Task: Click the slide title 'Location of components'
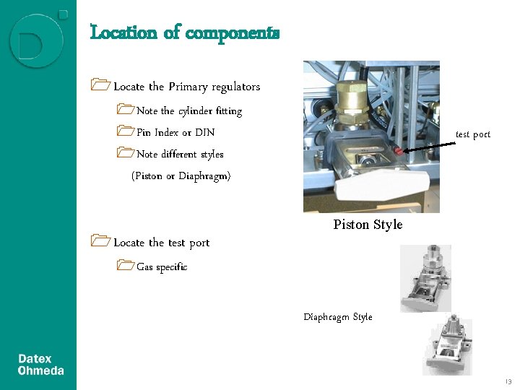pos(184,33)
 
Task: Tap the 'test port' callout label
pos(472,134)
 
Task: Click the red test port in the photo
pos(398,151)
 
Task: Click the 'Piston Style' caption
pos(368,225)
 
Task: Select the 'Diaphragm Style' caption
pos(338,317)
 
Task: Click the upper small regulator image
pos(425,278)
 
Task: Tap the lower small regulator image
pos(447,347)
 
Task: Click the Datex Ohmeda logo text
pos(40,365)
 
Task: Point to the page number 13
pos(508,381)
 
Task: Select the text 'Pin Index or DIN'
pos(175,133)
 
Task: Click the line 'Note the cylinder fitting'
pos(189,111)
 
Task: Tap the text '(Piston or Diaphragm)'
pos(181,176)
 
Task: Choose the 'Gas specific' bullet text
pos(162,267)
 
